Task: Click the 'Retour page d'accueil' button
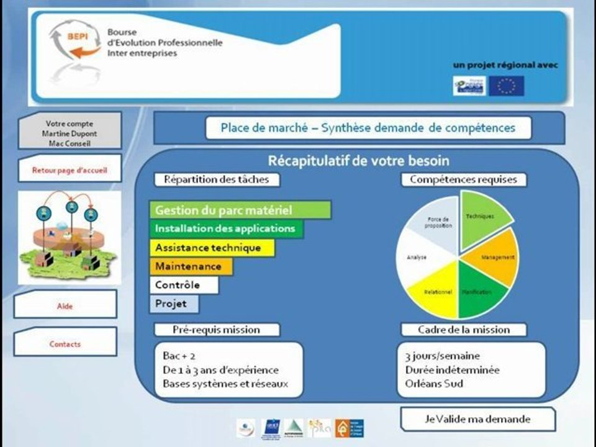[69, 168]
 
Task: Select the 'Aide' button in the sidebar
[65, 305]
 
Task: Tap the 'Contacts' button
[65, 343]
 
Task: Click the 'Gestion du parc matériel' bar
[240, 210]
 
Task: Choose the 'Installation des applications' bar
[226, 228]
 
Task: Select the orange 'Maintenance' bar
[191, 266]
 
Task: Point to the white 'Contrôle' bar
[184, 286]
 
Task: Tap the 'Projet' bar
[174, 304]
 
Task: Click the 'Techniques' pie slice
[484, 217]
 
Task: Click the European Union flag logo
[506, 86]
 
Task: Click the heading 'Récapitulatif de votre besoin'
[358, 161]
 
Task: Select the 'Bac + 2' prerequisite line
[179, 356]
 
